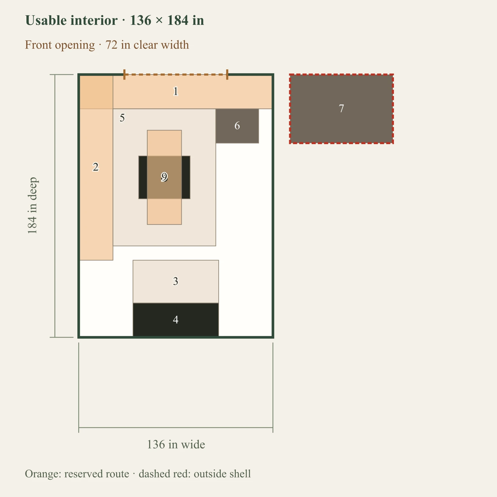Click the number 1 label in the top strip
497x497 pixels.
(x=176, y=91)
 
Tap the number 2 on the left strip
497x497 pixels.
(x=96, y=167)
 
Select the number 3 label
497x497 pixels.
(x=176, y=281)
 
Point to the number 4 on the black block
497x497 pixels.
(x=176, y=320)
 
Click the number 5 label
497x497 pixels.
(x=122, y=118)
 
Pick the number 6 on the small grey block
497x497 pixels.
(x=237, y=126)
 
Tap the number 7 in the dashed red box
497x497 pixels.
(x=341, y=108)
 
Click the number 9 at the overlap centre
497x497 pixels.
(x=164, y=177)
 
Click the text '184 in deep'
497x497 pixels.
(x=32, y=206)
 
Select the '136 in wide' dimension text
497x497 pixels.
(x=176, y=445)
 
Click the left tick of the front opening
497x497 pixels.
(x=124, y=75)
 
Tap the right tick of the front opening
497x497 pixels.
(x=227, y=75)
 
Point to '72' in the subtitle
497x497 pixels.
(x=112, y=45)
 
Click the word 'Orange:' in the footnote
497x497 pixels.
(x=43, y=474)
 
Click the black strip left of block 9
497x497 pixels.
(x=143, y=177)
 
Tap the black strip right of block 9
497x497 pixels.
(x=186, y=177)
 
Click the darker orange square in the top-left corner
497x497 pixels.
(x=96, y=92)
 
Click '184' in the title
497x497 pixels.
(x=178, y=21)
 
